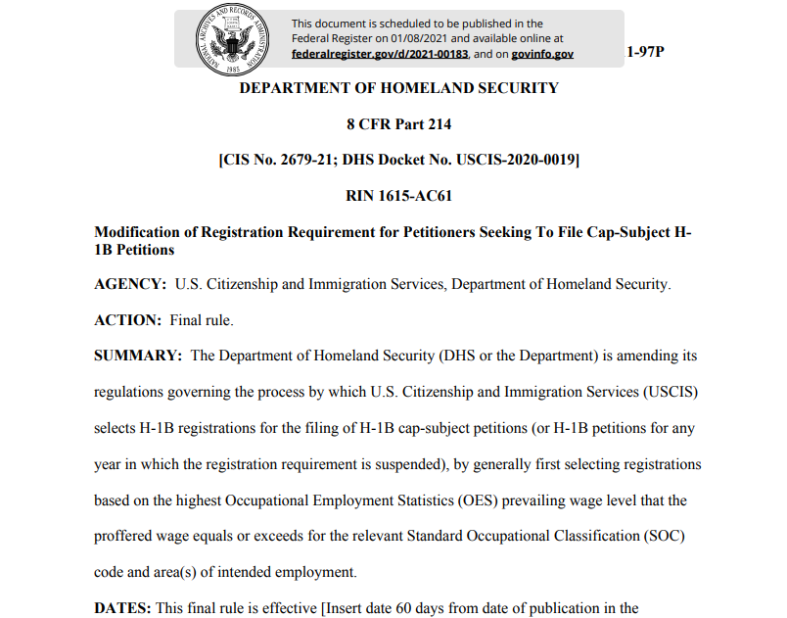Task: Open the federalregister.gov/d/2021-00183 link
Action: tap(380, 54)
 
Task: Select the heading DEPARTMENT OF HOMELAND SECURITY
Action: tap(399, 88)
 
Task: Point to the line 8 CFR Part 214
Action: tap(398, 124)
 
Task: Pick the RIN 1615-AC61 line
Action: tap(398, 196)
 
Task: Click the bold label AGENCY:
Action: tap(129, 284)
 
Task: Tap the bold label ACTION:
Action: tap(127, 320)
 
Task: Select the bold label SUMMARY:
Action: tap(137, 356)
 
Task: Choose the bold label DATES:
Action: tap(121, 607)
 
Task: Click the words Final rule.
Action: tap(202, 320)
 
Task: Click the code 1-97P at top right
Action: tap(644, 51)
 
